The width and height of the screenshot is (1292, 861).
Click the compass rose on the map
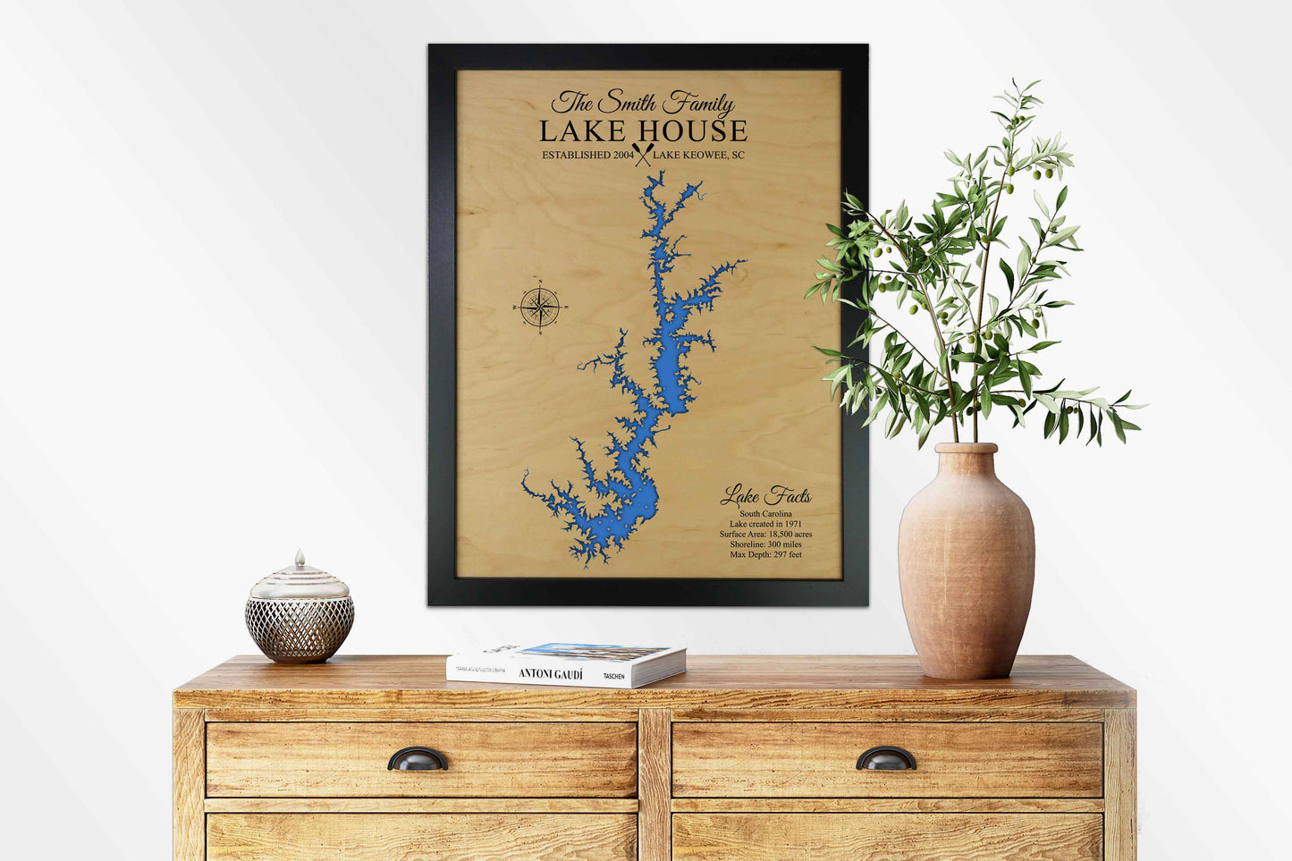pos(539,307)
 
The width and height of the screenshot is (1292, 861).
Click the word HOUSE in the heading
pos(691,131)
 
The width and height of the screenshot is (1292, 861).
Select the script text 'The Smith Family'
pos(643,103)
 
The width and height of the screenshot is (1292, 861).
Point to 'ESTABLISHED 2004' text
pos(587,156)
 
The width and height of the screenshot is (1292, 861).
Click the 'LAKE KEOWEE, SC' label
pos(698,156)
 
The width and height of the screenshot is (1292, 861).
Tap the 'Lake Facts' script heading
pos(766,495)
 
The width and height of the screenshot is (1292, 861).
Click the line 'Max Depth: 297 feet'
pos(765,554)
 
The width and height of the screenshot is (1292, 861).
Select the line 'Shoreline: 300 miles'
pos(765,544)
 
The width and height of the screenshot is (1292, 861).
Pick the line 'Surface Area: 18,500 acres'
pos(765,534)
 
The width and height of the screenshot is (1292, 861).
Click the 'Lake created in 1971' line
pos(765,524)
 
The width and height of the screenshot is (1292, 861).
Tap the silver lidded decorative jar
pos(300,612)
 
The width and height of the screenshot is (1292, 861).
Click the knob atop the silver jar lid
pos(300,557)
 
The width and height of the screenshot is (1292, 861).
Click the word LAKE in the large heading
pos(582,131)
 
